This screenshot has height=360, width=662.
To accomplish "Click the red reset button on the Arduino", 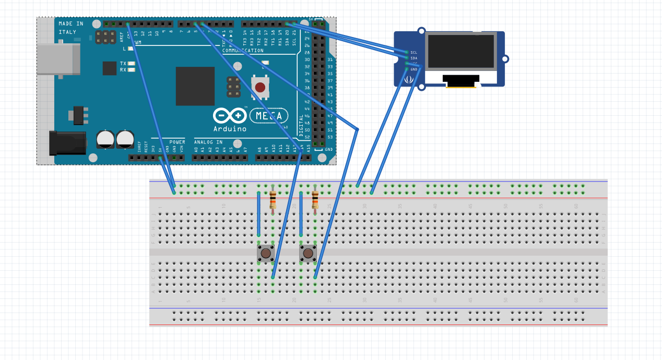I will click(x=260, y=87).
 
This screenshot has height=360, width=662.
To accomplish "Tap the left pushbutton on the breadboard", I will click(x=266, y=254).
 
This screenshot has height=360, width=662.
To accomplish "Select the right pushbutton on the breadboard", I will click(x=308, y=254).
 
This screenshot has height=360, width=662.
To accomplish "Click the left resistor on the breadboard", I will click(x=273, y=200).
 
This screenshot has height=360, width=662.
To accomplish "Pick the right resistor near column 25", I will click(x=315, y=200).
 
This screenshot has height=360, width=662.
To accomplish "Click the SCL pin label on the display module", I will click(x=414, y=52).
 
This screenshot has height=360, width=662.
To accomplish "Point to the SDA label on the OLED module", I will click(x=414, y=58).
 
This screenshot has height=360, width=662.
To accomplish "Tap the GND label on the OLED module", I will click(x=414, y=69).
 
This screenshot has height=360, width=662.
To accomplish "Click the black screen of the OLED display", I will click(x=460, y=51).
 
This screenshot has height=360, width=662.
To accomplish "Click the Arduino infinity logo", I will click(x=230, y=115).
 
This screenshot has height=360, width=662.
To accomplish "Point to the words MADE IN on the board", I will click(x=71, y=24).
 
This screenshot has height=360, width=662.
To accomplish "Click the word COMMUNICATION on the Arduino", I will click(x=243, y=51).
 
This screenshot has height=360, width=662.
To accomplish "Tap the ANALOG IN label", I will click(x=208, y=142).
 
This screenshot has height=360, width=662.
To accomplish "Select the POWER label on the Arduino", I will click(x=177, y=142).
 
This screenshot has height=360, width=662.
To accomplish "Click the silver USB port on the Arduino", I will click(x=58, y=59).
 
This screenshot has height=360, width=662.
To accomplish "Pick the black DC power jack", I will click(x=67, y=143).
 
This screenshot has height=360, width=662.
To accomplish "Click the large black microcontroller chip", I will click(x=195, y=86).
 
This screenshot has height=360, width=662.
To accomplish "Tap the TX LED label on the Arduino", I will click(x=123, y=63).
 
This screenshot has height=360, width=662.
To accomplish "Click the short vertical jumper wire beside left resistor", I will click(x=258, y=214).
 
